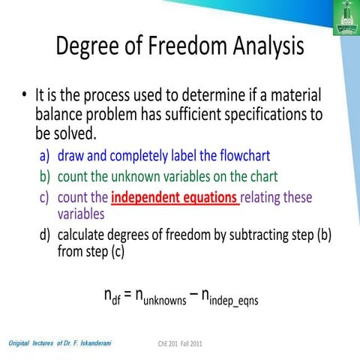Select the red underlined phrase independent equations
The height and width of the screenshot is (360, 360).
coord(175,199)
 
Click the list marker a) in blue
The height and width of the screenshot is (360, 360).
coord(46,157)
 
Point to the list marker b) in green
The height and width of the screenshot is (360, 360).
coord(46,178)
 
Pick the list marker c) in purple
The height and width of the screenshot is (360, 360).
coord(46,199)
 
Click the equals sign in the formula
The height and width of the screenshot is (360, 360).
coord(128,292)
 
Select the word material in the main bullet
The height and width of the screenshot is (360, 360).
coord(295,97)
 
